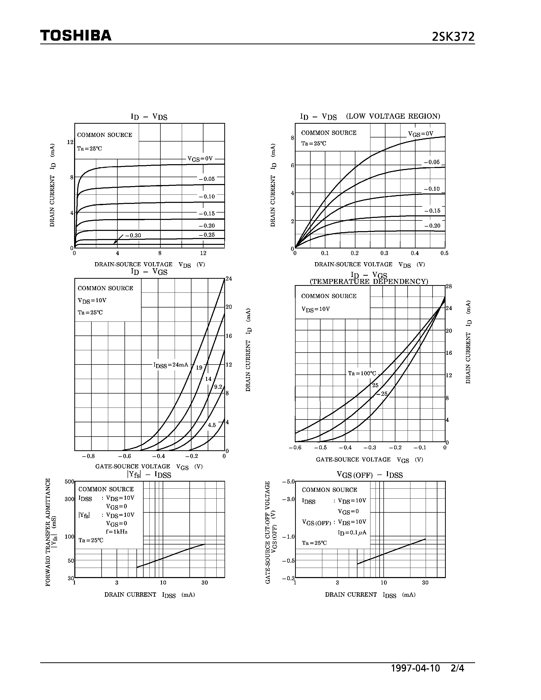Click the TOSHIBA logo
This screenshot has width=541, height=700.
[x=76, y=36]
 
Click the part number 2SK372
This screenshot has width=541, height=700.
[x=453, y=37]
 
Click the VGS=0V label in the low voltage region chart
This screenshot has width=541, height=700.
[x=421, y=134]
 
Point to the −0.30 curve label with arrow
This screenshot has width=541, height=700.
[x=133, y=235]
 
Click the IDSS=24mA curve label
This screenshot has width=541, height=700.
[x=171, y=365]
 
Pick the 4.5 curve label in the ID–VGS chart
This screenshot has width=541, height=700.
[x=212, y=425]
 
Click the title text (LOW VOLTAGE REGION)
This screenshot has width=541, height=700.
[x=393, y=116]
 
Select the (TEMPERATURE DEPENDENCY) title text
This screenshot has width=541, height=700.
[x=369, y=282]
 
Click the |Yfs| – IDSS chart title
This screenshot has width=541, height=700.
[x=149, y=475]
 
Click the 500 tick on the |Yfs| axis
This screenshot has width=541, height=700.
[x=69, y=481]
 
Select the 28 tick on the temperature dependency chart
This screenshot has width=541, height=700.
[x=449, y=286]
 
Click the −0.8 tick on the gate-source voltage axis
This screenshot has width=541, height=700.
[x=88, y=456]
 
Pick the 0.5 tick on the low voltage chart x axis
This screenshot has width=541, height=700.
[x=444, y=253]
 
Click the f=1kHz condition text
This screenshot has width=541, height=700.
[x=117, y=532]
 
